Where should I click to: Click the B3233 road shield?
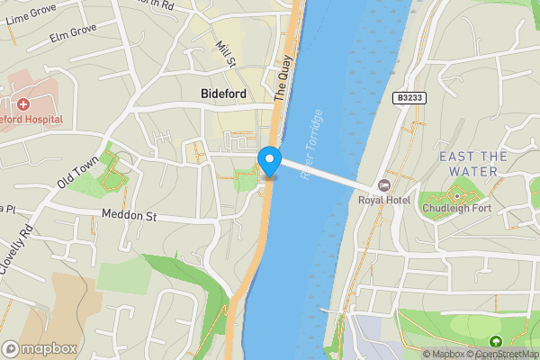pyautogui.click(x=409, y=96)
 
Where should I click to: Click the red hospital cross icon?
pyautogui.click(x=22, y=104)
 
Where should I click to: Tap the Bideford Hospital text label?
pyautogui.click(x=31, y=119)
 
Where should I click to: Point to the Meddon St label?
pyautogui.click(x=130, y=216)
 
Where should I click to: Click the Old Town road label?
pyautogui.click(x=77, y=171)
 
